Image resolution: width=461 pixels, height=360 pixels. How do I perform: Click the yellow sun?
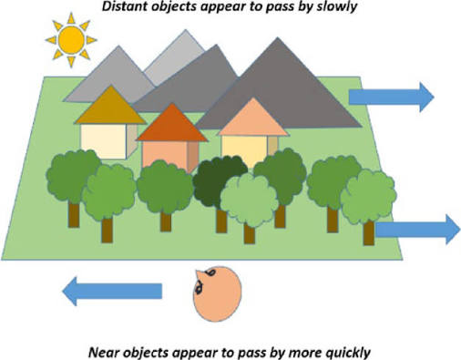(x=71, y=40)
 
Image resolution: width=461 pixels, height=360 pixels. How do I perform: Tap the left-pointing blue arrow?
(x=112, y=291)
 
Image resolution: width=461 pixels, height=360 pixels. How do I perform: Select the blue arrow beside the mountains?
(x=392, y=97)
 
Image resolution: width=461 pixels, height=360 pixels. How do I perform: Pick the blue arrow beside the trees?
(x=418, y=230)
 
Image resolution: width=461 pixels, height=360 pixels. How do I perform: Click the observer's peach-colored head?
(x=218, y=294)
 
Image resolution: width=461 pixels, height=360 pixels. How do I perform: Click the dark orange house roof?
(x=172, y=123)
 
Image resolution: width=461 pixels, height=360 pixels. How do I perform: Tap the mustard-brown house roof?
(x=111, y=105)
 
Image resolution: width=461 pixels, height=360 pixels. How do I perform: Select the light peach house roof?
(x=253, y=117)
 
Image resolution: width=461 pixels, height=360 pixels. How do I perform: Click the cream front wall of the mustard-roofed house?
(x=104, y=141)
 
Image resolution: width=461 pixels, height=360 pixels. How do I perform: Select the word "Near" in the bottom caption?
(x=102, y=353)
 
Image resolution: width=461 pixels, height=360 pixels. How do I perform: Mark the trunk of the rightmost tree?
(x=369, y=232)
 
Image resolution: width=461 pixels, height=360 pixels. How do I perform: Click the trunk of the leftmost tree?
(x=74, y=214)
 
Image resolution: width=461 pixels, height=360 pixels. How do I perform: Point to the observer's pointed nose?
(x=199, y=273)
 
